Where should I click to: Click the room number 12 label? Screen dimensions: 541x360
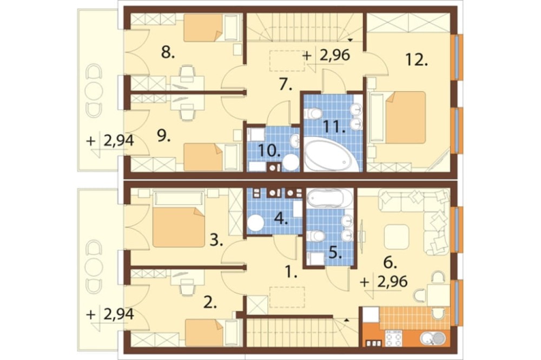pos(417,61)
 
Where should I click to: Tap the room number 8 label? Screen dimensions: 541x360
pos(168,53)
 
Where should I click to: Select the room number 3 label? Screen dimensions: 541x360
pos(217,241)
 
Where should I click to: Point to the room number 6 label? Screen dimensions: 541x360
pos(391,263)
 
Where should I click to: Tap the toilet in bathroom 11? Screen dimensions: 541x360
pos(313,113)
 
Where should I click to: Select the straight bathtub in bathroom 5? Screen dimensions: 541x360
pos(329,198)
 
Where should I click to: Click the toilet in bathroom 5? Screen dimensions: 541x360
pos(315,236)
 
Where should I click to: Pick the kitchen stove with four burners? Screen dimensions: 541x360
pos(393,338)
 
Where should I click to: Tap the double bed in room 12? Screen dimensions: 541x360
pos(400,117)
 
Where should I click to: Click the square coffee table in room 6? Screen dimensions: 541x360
pos(397,237)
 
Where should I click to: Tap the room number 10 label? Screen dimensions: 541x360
pos(268,151)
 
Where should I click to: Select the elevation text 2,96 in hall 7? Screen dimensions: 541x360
pos(335,55)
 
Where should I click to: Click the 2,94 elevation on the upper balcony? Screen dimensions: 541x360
pos(118,141)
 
